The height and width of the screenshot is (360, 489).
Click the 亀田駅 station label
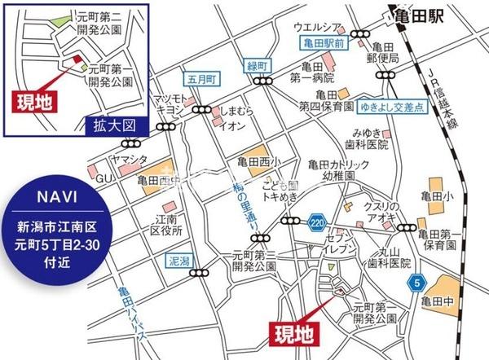pos(416,16)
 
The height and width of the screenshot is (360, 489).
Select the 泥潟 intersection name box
pos(178,262)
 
